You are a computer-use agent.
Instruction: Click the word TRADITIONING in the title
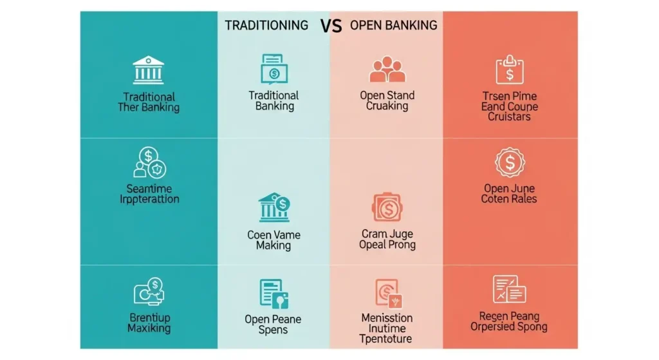tap(266, 25)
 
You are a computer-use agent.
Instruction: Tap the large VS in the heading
tap(330, 26)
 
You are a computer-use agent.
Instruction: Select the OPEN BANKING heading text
tap(393, 25)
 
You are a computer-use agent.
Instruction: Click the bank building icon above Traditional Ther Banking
tap(148, 70)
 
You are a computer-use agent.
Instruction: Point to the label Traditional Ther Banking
tap(149, 102)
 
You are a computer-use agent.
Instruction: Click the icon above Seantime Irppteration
tap(149, 162)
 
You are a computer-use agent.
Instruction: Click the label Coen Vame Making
tap(274, 240)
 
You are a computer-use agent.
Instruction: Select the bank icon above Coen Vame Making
tap(274, 207)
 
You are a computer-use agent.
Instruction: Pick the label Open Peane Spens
tap(273, 325)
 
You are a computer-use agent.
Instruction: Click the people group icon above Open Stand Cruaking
tap(387, 70)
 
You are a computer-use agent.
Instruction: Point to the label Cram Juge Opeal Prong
tap(387, 239)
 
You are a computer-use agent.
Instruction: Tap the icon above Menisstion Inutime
tap(387, 293)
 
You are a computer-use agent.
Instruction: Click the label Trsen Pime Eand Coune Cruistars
tap(510, 106)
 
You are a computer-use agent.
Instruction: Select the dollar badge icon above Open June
tap(510, 163)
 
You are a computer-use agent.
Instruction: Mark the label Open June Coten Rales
tap(510, 194)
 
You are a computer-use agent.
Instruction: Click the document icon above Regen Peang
tap(509, 289)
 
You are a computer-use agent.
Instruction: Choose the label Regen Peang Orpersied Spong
tap(509, 321)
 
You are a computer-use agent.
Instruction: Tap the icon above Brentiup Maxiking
tap(149, 292)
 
